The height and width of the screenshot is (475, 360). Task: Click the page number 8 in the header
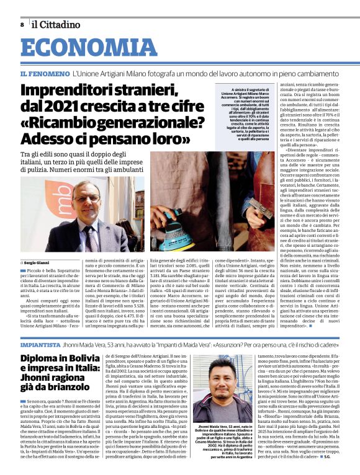coord(22,24)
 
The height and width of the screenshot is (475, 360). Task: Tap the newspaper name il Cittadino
coord(56,24)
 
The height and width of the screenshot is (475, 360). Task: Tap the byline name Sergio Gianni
coord(42,262)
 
